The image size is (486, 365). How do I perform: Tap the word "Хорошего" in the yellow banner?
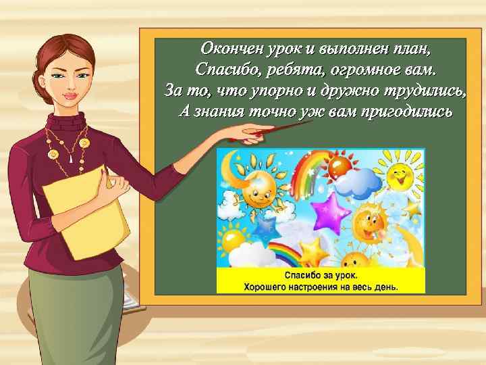[x=267, y=287]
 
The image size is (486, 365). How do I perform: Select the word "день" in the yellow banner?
[x=387, y=287]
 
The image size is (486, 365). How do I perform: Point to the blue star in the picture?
[x=263, y=222]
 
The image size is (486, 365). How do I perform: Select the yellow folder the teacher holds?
[x=84, y=210]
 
